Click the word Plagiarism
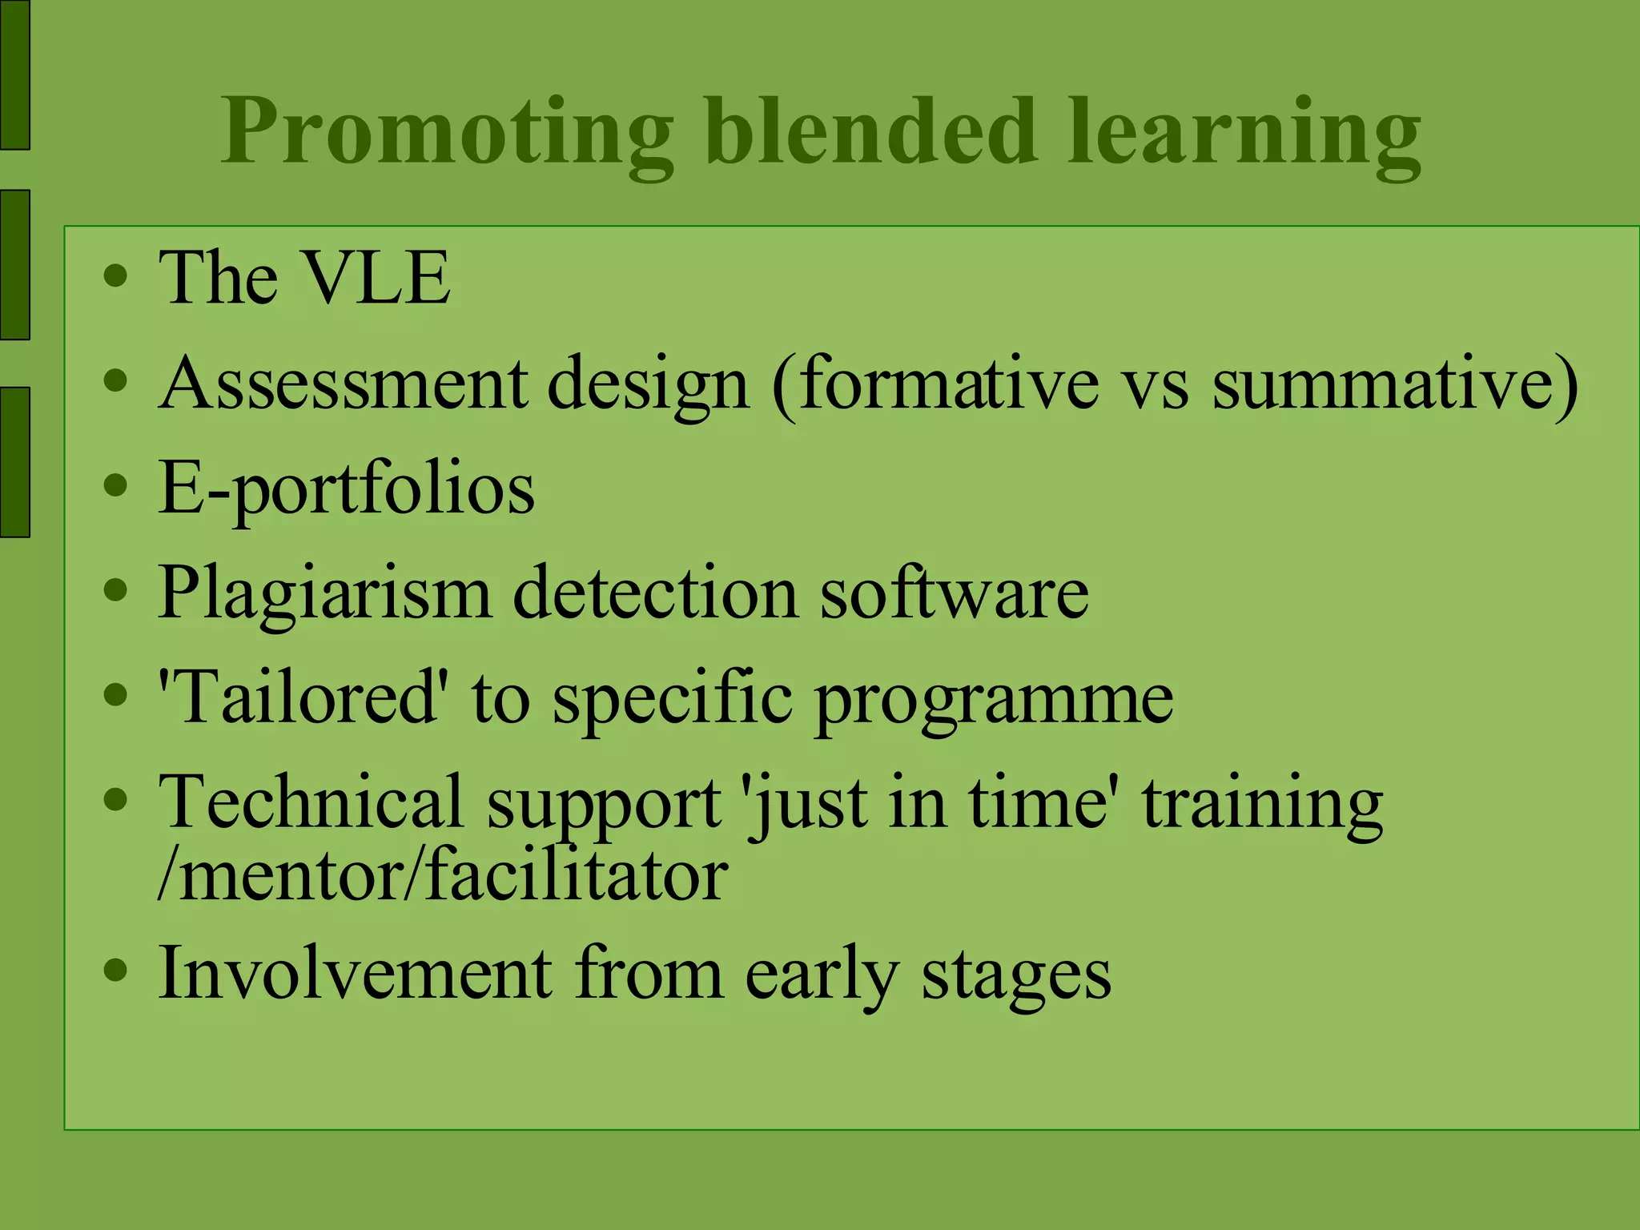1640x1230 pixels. pyautogui.click(x=324, y=594)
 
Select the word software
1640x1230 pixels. pyautogui.click(x=954, y=594)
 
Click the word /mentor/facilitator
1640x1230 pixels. pyautogui.click(x=442, y=875)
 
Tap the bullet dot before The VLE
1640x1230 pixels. pyautogui.click(x=116, y=276)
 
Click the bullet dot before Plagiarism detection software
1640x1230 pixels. pyautogui.click(x=116, y=591)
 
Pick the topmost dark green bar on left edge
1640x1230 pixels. pyautogui.click(x=14, y=74)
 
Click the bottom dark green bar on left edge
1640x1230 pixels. pyautogui.click(x=14, y=461)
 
